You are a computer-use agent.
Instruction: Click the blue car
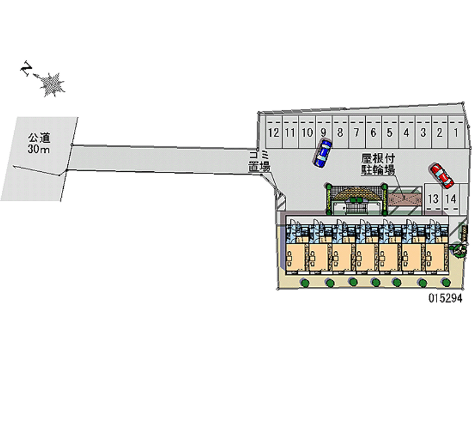click(x=322, y=153)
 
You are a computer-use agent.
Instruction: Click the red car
click(x=441, y=176)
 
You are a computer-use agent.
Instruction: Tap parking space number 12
click(x=274, y=132)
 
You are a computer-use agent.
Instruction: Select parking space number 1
click(x=456, y=132)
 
